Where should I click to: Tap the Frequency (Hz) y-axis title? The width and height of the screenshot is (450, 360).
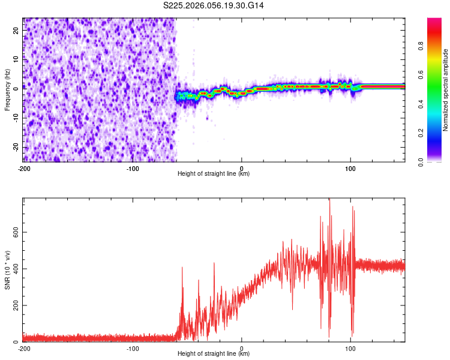coord(7,90)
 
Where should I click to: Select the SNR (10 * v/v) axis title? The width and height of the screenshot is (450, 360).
coord(7,270)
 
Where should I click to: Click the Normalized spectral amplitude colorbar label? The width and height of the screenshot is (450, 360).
coord(446,90)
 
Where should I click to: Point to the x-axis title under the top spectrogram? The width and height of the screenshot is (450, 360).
coord(214,173)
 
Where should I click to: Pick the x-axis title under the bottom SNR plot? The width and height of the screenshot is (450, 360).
coord(214,353)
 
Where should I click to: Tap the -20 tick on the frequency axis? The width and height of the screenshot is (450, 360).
coord(16,148)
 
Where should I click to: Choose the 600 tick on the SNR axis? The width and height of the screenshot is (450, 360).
coord(14,231)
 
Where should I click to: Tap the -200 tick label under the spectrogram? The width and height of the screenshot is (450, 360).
coord(24,168)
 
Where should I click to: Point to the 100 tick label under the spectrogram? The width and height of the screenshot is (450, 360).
coord(350,168)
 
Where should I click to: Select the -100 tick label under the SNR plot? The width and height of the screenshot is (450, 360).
coord(133,348)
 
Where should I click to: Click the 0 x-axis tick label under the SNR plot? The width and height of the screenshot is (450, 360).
coord(241,348)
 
